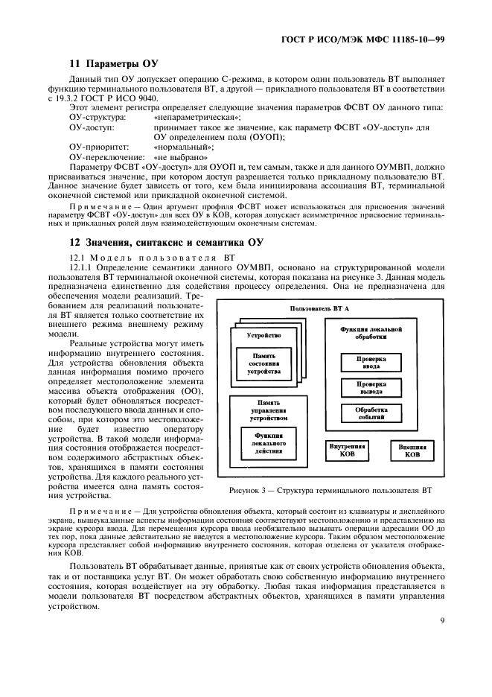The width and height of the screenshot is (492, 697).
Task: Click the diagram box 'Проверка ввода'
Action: point(371,362)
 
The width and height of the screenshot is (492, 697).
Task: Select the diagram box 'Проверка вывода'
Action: point(371,387)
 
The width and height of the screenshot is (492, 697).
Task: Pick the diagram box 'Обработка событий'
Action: point(371,413)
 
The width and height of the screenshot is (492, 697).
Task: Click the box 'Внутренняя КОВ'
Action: point(347,451)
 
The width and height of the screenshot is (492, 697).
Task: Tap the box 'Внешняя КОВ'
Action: point(412,451)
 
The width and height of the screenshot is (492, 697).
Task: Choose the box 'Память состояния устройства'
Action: point(263,363)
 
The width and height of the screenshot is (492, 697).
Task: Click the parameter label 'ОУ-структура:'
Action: point(98,118)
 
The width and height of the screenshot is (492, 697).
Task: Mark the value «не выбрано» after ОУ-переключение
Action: point(179,158)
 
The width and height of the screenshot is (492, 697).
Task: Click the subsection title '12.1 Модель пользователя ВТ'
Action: point(152,256)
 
